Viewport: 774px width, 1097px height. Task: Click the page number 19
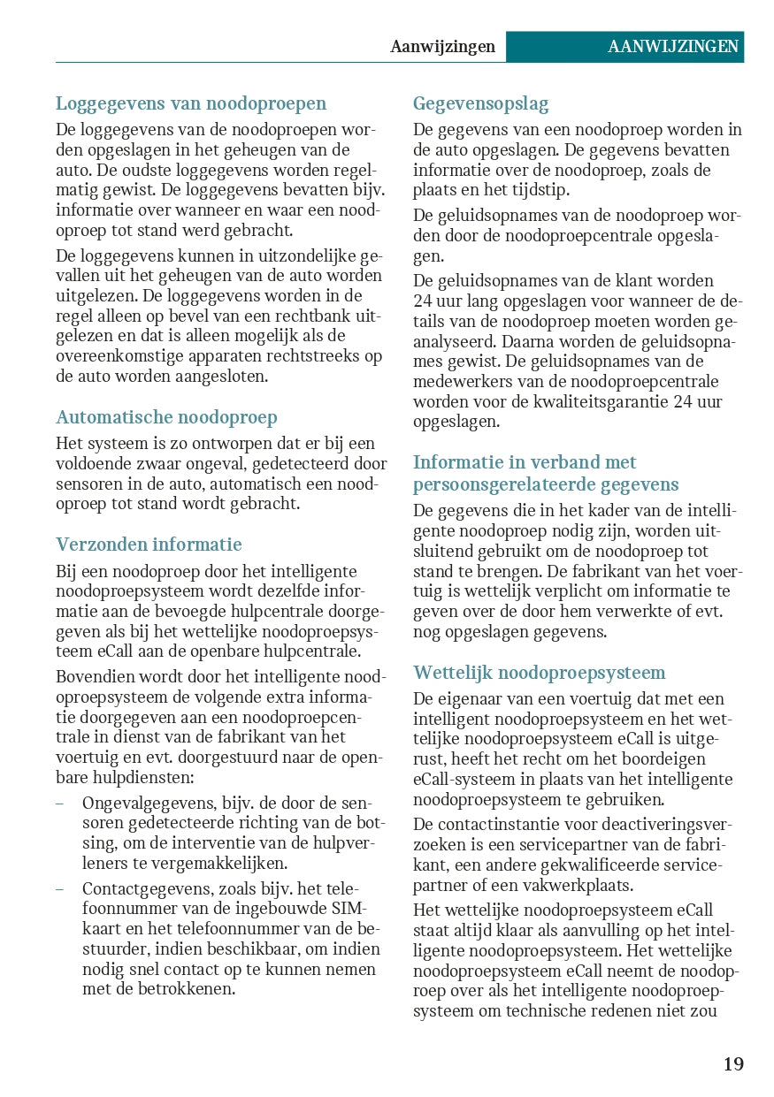[733, 1063]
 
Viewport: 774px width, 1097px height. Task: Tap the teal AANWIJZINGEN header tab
[672, 47]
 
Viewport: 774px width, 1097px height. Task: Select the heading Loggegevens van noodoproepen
[191, 104]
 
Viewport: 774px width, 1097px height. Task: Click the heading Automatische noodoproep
[166, 417]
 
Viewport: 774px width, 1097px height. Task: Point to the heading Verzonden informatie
[149, 545]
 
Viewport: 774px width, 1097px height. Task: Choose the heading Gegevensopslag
[480, 104]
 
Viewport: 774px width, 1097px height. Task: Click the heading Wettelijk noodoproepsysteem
[539, 673]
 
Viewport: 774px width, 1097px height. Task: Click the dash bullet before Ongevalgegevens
[59, 804]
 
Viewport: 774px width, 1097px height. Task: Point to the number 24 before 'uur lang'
[423, 301]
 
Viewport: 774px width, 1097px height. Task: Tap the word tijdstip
[543, 190]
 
